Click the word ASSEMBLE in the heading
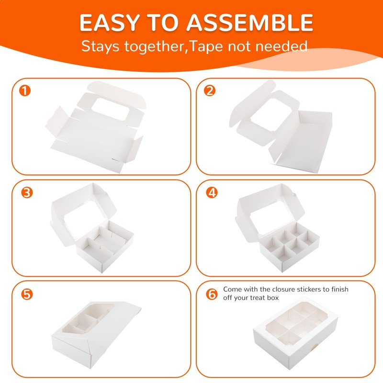click(x=250, y=23)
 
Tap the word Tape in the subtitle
click(x=206, y=46)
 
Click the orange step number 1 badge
click(x=25, y=90)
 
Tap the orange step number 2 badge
click(x=210, y=90)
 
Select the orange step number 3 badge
click(x=27, y=192)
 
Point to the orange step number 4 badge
click(x=212, y=192)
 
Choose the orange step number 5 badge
click(x=27, y=294)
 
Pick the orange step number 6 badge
click(x=212, y=294)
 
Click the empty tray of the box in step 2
click(x=301, y=141)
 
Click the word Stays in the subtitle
click(x=100, y=46)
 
